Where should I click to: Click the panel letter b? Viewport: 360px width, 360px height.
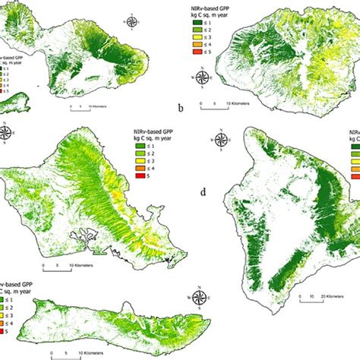[x=181, y=109]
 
